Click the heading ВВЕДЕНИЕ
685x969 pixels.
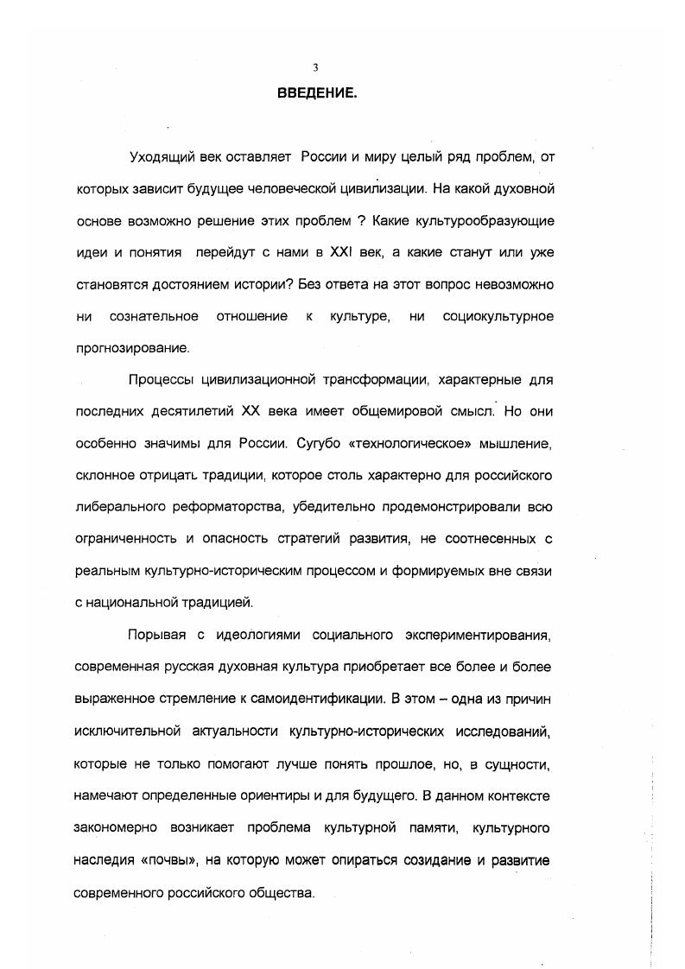317,93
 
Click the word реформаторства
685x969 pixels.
235,508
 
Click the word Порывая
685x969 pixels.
155,636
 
